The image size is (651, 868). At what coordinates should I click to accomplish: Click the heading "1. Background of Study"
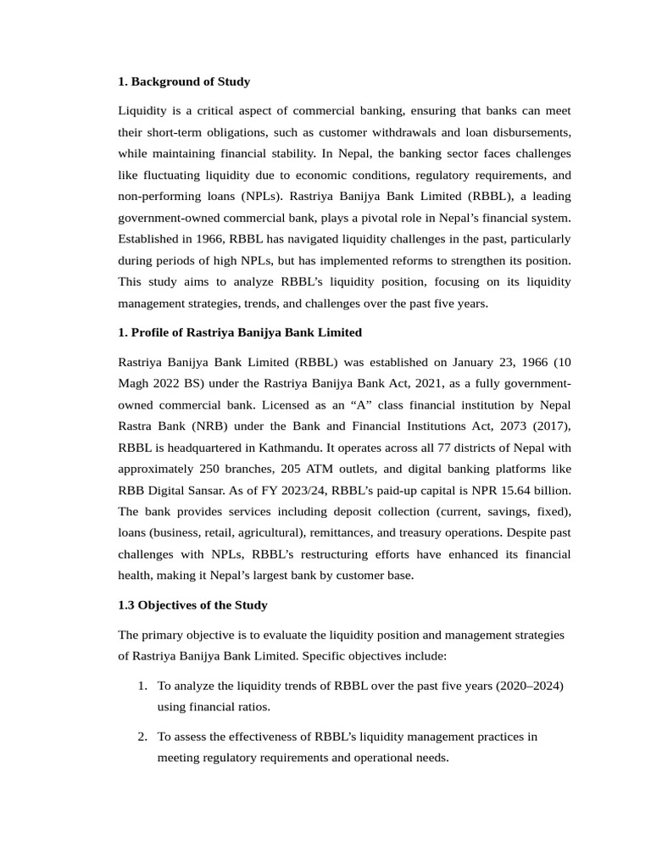click(184, 81)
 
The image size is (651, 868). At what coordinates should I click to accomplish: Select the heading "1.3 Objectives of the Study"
click(192, 604)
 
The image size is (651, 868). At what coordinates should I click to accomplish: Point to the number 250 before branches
click(211, 469)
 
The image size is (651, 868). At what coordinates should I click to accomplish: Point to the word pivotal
click(405, 217)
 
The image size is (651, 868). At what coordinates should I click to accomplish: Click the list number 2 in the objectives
click(142, 736)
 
